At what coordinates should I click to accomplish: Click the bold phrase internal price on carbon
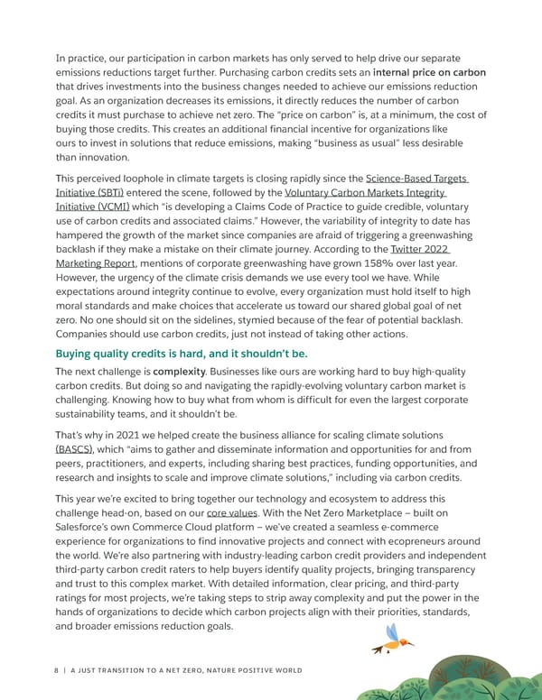429,72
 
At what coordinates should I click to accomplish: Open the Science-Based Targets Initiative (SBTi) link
416,180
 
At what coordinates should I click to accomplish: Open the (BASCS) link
77,448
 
